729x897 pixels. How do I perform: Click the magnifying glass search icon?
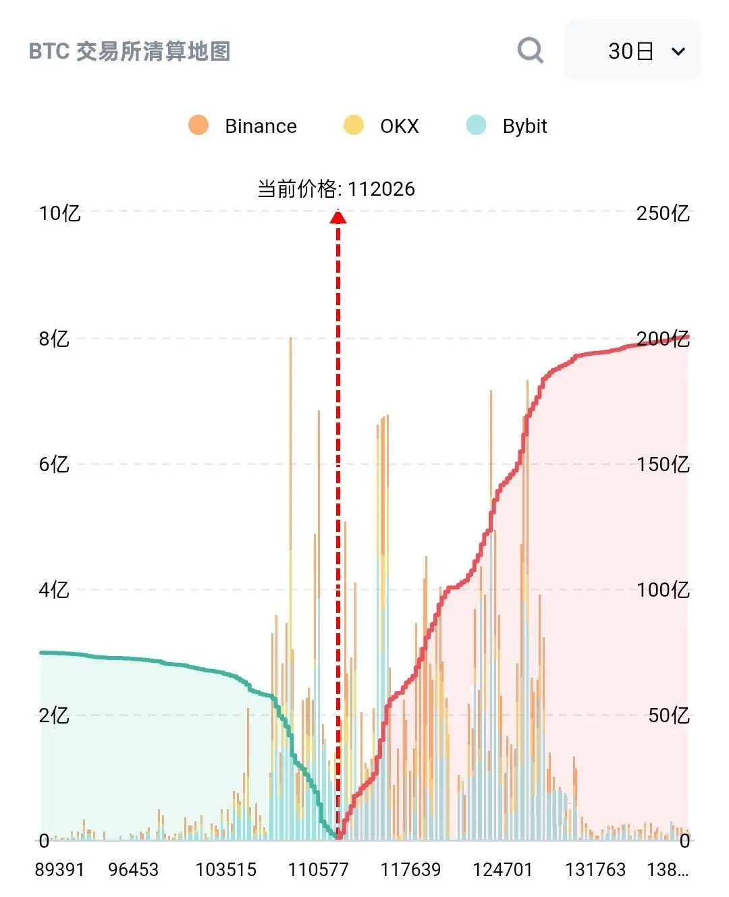tap(530, 50)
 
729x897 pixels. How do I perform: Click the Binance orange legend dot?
tap(198, 126)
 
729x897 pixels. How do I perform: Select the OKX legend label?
tap(399, 126)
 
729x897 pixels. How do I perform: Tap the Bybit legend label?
tap(524, 126)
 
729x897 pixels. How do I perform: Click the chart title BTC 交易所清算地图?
tap(130, 51)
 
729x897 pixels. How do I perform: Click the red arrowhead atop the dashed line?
tap(338, 217)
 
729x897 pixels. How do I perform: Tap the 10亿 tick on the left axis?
tap(59, 213)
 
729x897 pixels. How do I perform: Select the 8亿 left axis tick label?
tap(54, 339)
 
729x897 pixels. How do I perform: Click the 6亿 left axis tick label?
tap(54, 464)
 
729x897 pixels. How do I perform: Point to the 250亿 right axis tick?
tap(663, 213)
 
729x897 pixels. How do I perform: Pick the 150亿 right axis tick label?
tap(663, 464)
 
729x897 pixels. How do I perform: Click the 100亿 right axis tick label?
tap(663, 590)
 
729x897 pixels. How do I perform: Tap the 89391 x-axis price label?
tap(59, 869)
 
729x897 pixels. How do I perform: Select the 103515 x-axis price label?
tap(225, 869)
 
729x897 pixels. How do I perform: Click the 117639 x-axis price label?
tap(410, 869)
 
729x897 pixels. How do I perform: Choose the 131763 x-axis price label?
tap(595, 869)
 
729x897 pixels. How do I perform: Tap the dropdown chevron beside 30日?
tap(678, 51)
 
